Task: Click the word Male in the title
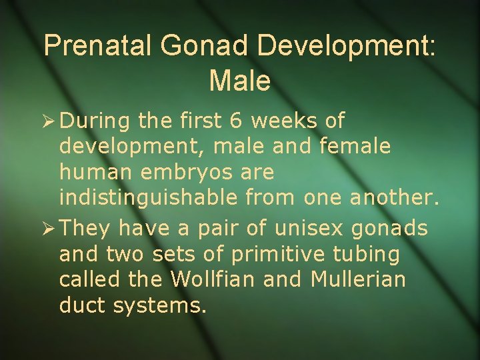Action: (x=240, y=81)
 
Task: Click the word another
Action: (x=396, y=198)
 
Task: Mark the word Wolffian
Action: (x=214, y=279)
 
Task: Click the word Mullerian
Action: (x=358, y=279)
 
